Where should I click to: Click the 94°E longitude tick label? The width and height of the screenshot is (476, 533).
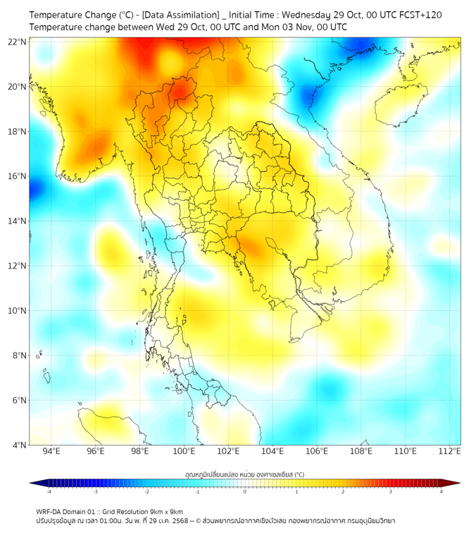pyautogui.click(x=51, y=451)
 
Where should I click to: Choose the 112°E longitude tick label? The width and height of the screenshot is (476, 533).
pyautogui.click(x=449, y=451)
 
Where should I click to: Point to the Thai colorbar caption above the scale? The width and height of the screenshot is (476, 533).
pyautogui.click(x=244, y=474)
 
